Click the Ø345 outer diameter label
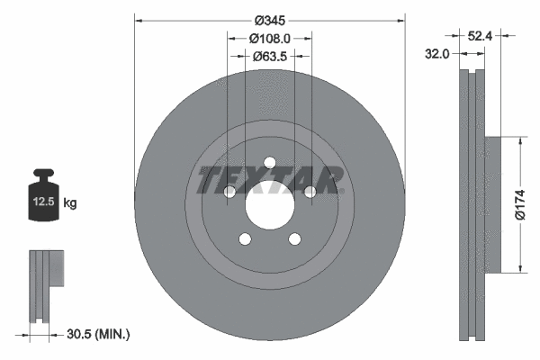(269, 20)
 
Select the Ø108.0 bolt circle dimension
(269, 39)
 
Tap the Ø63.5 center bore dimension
(269, 57)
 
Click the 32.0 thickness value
(436, 54)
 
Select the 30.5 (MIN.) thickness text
(99, 334)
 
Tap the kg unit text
(70, 203)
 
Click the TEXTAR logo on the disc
(269, 180)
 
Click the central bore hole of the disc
(268, 210)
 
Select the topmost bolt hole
(268, 163)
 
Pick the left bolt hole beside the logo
(229, 192)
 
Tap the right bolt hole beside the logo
(309, 192)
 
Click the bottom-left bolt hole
(244, 238)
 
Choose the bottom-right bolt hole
(293, 238)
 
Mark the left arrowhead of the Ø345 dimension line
(138, 19)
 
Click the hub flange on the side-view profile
(490, 204)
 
